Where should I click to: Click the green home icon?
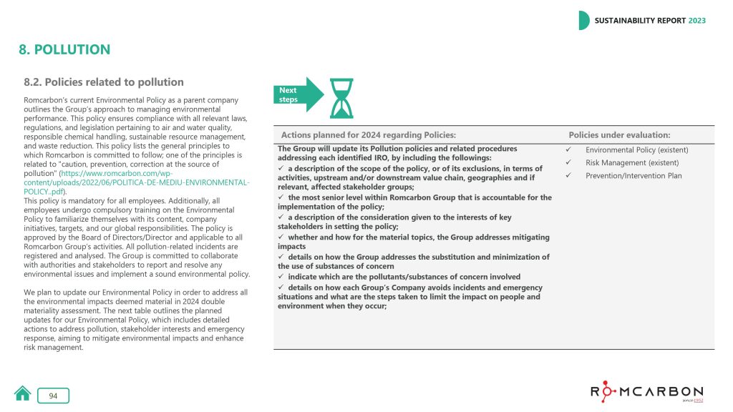[x=23, y=393]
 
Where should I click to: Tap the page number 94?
[x=53, y=396]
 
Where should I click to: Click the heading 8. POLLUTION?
[x=64, y=50]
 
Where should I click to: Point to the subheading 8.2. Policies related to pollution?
[x=104, y=82]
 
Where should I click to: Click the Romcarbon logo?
[x=646, y=393]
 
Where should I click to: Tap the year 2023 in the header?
[x=696, y=21]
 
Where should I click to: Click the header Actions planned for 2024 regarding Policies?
[x=369, y=135]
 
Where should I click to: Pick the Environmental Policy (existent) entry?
[x=636, y=150]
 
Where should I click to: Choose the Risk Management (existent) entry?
[x=632, y=163]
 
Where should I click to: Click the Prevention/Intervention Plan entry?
[x=634, y=176]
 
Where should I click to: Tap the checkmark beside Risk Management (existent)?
[x=567, y=163]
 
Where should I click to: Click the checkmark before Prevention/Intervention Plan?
[x=567, y=176]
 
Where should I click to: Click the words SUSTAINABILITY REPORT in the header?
[x=640, y=21]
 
